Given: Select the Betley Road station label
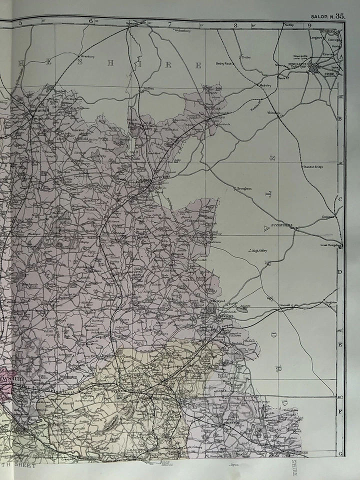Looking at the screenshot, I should (224, 64).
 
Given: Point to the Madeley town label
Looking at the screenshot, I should (265, 86).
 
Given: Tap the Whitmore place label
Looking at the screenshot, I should (274, 113).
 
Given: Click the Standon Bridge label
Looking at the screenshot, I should (312, 166).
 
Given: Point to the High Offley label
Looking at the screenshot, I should (259, 250).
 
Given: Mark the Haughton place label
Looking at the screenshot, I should (331, 302).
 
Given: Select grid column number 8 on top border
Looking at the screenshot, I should (234, 23).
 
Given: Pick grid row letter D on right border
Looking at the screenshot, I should (339, 272).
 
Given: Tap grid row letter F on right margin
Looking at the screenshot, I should (340, 412).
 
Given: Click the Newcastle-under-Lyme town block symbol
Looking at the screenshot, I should (316, 67).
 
